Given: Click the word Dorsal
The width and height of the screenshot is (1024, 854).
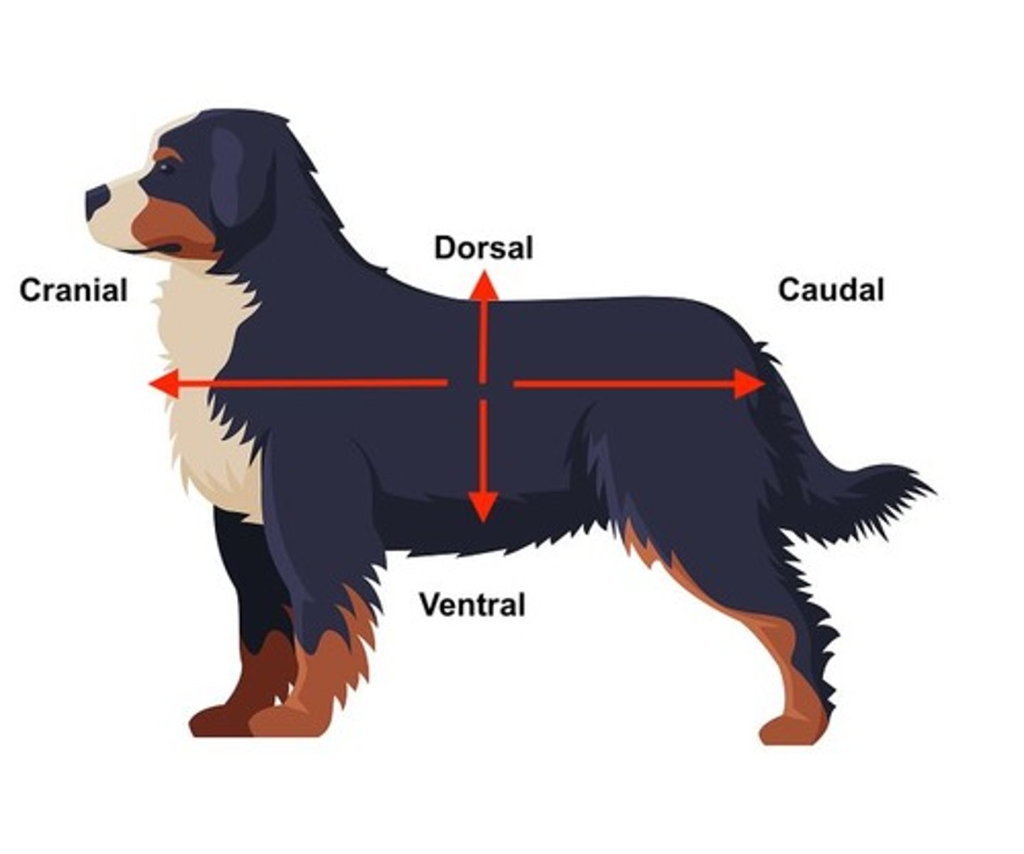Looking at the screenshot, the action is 484,248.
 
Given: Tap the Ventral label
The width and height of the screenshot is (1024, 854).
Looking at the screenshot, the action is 472,605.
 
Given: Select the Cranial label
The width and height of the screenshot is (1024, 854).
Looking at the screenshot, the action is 73,290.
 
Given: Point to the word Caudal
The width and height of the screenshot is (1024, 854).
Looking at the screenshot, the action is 831,290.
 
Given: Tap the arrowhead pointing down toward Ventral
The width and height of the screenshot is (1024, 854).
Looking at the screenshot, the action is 483,507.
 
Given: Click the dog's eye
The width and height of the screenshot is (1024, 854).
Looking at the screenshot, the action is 166,168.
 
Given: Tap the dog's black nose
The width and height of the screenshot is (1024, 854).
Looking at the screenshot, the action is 97,199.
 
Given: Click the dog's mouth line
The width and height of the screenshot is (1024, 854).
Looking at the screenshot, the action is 153,250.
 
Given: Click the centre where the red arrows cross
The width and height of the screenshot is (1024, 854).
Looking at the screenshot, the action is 483,384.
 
